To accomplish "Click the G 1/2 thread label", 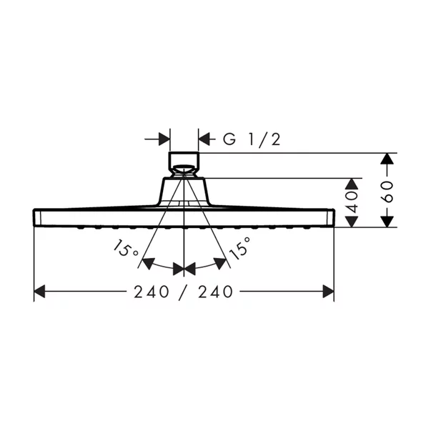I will pyautogui.click(x=251, y=139).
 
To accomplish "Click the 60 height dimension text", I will pyautogui.click(x=387, y=191).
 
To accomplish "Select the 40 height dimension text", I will pyautogui.click(x=352, y=202).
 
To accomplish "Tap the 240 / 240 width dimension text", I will pyautogui.click(x=185, y=292).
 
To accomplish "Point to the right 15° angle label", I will pyautogui.click(x=241, y=249).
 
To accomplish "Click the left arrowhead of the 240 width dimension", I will pyautogui.click(x=40, y=291).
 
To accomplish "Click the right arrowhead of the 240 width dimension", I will pyautogui.click(x=329, y=291).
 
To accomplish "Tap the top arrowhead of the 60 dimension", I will pyautogui.click(x=387, y=158).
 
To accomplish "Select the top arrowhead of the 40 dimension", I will pyautogui.click(x=352, y=182).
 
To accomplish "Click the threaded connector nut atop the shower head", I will pyautogui.click(x=184, y=160).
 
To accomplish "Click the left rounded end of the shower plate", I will pyautogui.click(x=38, y=217).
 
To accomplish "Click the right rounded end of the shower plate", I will pyautogui.click(x=331, y=217).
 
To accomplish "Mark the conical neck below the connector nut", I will pyautogui.click(x=184, y=189).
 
